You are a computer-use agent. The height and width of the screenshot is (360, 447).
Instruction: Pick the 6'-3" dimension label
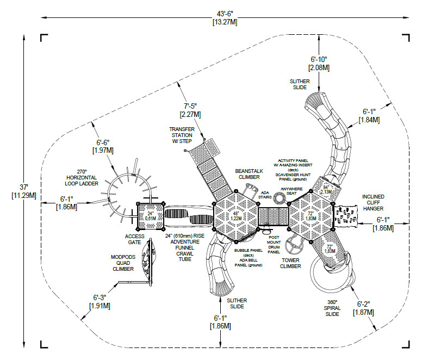click(100, 301)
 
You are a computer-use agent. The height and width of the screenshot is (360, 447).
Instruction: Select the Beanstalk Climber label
click(247, 174)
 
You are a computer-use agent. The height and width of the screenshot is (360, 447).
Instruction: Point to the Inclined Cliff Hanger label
click(373, 202)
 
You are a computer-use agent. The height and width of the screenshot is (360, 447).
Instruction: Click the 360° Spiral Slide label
click(333, 308)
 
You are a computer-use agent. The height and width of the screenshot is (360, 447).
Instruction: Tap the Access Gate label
click(135, 239)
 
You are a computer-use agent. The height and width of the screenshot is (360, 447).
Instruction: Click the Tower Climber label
click(290, 263)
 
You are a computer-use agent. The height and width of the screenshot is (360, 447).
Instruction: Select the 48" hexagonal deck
click(235, 216)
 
